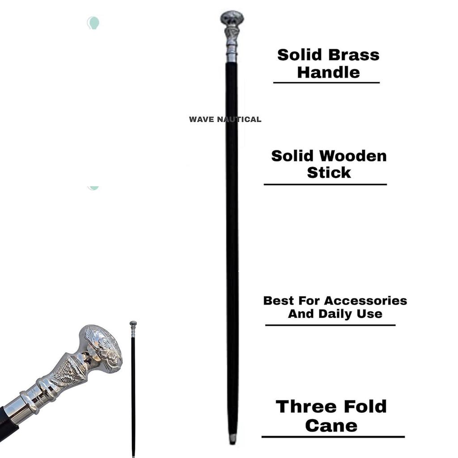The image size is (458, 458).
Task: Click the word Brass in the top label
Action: [354, 55]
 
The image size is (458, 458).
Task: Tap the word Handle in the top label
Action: [328, 72]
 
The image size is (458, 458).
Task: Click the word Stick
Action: [329, 173]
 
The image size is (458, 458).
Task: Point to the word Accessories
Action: [365, 301]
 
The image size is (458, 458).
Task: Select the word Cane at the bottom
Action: [331, 425]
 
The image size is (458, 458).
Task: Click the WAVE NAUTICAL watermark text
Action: [225, 119]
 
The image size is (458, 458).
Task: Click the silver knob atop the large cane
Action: [232, 18]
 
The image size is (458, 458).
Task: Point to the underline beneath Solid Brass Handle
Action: [326, 83]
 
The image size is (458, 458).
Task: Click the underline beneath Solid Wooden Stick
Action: [325, 184]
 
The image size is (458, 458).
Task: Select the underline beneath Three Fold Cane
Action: [333, 437]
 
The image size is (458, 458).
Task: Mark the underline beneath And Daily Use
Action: [330, 325]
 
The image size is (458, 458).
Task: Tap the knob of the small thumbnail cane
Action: [133, 324]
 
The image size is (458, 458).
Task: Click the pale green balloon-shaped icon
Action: [93, 22]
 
